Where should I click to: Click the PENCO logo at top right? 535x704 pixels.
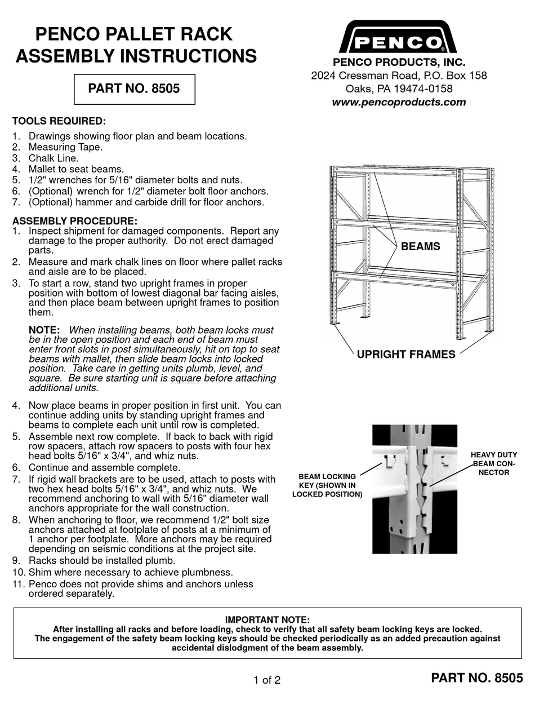click(x=399, y=38)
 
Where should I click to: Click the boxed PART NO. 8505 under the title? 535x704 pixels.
click(x=134, y=89)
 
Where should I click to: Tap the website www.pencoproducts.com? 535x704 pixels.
click(x=399, y=102)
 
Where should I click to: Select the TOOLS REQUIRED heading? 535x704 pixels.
click(x=59, y=121)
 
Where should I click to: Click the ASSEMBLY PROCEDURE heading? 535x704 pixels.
click(x=74, y=221)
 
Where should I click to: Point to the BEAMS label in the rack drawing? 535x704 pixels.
click(x=420, y=246)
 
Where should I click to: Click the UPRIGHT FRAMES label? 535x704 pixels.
click(x=405, y=355)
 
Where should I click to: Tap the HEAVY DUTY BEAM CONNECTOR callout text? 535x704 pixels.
click(x=493, y=463)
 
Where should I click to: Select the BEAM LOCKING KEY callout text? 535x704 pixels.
click(x=327, y=485)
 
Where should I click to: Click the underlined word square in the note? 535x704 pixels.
click(x=185, y=378)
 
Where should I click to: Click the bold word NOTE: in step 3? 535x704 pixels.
click(x=44, y=330)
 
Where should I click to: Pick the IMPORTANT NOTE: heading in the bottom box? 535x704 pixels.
click(x=267, y=620)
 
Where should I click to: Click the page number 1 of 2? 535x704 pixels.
click(x=267, y=680)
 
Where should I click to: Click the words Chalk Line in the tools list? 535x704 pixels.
click(x=53, y=158)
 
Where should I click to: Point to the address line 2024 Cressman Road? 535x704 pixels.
click(x=399, y=76)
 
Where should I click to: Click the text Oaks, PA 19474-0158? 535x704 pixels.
click(x=399, y=89)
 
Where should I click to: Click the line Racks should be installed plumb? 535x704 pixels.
click(x=102, y=560)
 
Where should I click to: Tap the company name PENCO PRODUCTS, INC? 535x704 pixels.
click(x=399, y=63)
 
